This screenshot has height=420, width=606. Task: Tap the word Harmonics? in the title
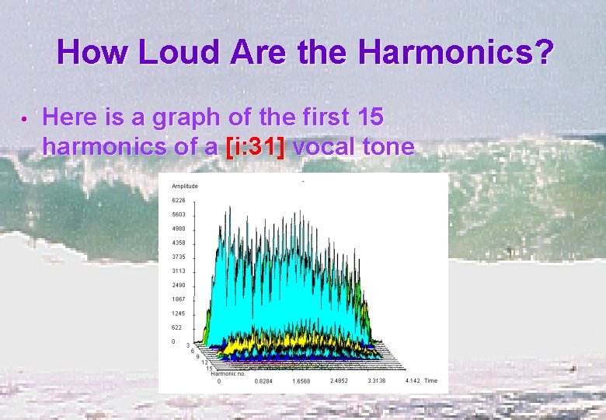[456, 53]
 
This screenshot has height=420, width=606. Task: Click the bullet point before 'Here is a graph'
[26, 121]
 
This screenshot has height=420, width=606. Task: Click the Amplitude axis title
[185, 186]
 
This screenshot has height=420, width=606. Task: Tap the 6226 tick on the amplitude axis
[179, 200]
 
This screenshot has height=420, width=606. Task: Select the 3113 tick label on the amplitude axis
[179, 271]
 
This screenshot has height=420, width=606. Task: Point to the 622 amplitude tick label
[178, 327]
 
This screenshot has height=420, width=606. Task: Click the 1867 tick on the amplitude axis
[179, 299]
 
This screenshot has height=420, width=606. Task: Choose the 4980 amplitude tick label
[179, 229]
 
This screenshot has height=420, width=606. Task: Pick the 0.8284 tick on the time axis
[264, 381]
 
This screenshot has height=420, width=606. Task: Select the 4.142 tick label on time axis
[413, 381]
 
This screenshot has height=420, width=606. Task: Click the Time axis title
[431, 381]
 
